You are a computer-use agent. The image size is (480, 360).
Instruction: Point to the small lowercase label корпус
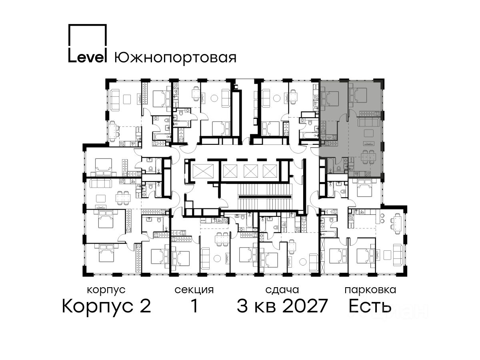(x=106, y=290)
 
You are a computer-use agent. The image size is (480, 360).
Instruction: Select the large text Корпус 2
(x=106, y=306)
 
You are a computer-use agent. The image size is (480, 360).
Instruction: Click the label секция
(x=194, y=290)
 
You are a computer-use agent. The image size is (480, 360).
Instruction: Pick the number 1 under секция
(x=194, y=306)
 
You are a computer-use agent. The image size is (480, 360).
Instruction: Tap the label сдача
(x=282, y=290)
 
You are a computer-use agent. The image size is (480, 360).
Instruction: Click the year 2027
(x=305, y=306)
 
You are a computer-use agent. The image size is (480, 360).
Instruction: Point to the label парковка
(x=370, y=290)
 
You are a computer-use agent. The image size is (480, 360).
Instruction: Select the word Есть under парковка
(x=370, y=306)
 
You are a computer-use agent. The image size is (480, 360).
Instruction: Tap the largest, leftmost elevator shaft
(x=203, y=170)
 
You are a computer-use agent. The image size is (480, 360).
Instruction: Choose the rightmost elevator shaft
(x=270, y=171)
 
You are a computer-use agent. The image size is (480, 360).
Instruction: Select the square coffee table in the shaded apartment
(x=369, y=133)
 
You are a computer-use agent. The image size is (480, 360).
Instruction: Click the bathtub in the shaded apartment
(x=330, y=166)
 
